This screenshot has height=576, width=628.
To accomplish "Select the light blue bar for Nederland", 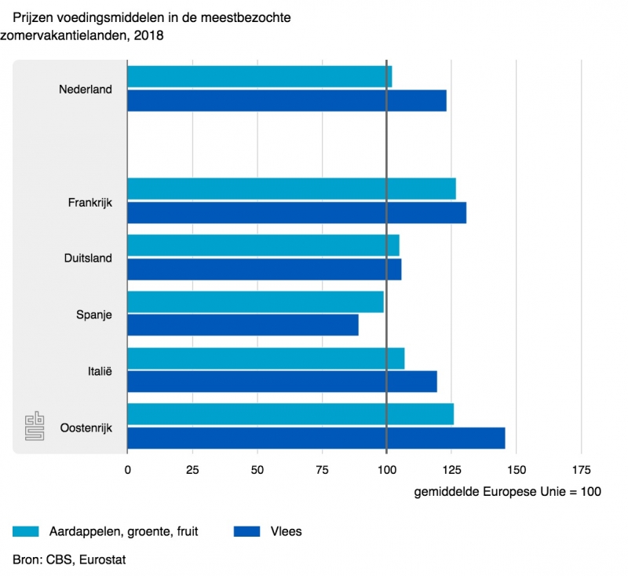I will [x=259, y=77].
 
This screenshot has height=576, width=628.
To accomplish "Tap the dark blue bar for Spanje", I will [x=243, y=325].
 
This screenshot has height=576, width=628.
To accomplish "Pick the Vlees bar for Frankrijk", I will [x=297, y=213].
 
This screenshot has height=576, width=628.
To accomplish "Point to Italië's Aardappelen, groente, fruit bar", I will [x=265, y=358].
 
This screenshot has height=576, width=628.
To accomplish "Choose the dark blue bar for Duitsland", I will [x=264, y=270].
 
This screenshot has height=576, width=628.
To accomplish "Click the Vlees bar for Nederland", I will [x=287, y=101].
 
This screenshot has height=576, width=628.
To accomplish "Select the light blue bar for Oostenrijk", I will [x=290, y=414].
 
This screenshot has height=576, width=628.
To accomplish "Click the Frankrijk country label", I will [x=90, y=202].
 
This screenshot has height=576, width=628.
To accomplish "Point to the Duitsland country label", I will [x=88, y=258].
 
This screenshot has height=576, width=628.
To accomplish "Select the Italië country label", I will [x=99, y=370].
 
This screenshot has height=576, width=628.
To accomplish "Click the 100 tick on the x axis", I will [x=386, y=470].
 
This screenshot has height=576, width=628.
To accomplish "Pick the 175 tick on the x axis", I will [x=581, y=470].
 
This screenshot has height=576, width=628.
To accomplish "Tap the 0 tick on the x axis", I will [x=127, y=470].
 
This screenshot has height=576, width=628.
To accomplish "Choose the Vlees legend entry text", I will [x=286, y=532].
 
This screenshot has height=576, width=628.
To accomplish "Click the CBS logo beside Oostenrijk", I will [x=35, y=427].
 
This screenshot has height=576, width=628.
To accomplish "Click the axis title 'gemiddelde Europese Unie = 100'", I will [x=506, y=493].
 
